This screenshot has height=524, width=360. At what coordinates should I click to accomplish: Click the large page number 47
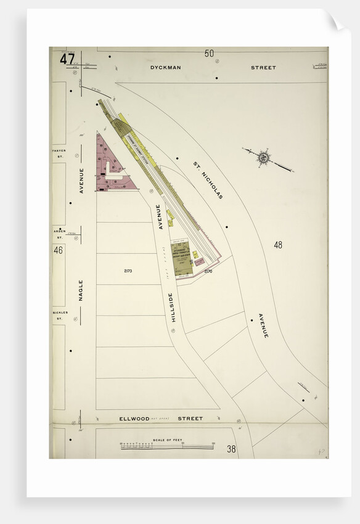68,60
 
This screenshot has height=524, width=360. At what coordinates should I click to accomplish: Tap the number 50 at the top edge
210,54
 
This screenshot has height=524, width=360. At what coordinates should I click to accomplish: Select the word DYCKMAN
165,68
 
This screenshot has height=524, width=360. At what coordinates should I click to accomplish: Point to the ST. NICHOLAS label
208,180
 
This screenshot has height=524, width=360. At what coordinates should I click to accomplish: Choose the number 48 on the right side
278,245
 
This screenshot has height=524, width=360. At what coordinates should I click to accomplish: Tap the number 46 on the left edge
59,250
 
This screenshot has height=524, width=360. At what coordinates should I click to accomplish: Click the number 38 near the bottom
231,449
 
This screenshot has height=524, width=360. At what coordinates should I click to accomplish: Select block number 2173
128,271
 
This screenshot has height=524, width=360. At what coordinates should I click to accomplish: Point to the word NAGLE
81,290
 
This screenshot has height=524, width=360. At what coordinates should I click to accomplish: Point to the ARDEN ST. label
59,234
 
